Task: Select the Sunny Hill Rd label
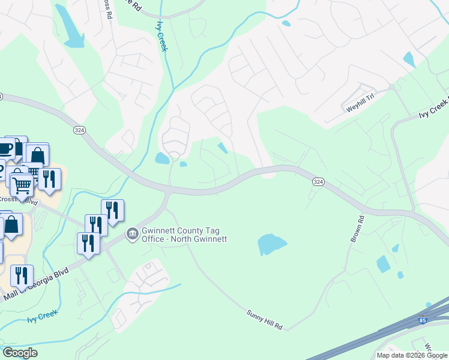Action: pyautogui.click(x=264, y=319)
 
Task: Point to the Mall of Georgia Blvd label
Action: pyautogui.click(x=38, y=286)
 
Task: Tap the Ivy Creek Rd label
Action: pyautogui.click(x=433, y=109)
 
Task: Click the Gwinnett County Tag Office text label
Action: pyautogui.click(x=184, y=235)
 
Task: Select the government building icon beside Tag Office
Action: pyautogui.click(x=132, y=232)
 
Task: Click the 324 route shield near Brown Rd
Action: pyautogui.click(x=319, y=181)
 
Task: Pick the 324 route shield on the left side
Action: pyautogui.click(x=79, y=130)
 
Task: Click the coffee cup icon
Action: pyautogui.click(x=6, y=147)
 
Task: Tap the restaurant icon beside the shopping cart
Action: pyautogui.click(x=49, y=179)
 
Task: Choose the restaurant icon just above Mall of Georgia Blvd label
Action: pyautogui.click(x=22, y=276)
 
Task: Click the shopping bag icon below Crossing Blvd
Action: pyautogui.click(x=11, y=226)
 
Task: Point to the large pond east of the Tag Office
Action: pyautogui.click(x=271, y=244)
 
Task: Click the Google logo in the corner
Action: pyautogui.click(x=20, y=353)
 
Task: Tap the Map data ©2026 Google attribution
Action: pyautogui.click(x=412, y=355)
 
